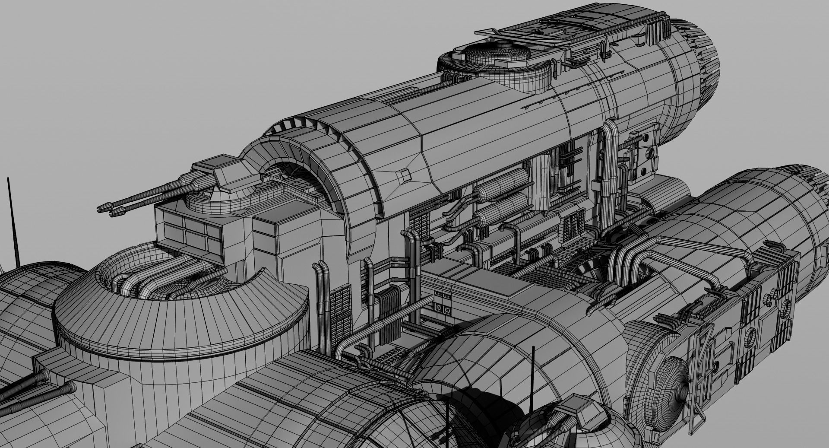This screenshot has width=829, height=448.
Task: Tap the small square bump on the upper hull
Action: coord(405,174)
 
